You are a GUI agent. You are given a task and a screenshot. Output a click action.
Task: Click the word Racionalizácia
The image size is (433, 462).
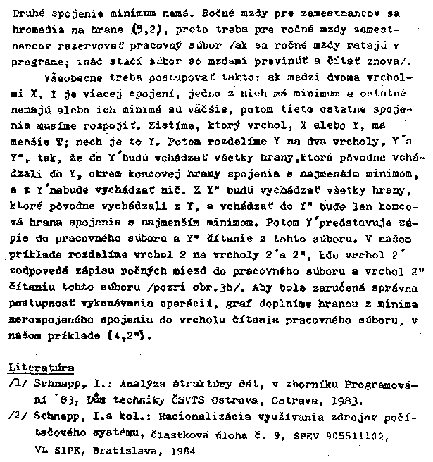click(x=168, y=416)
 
